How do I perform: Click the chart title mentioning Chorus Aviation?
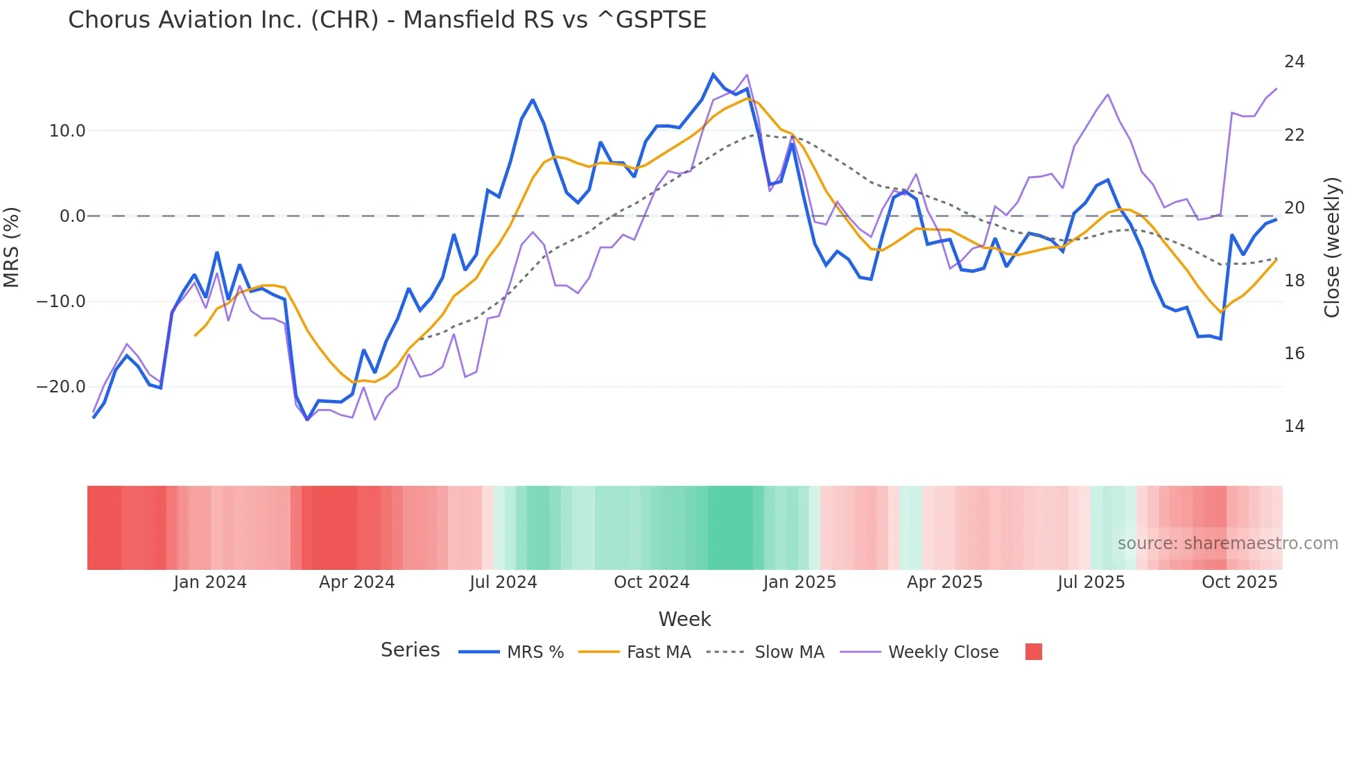click(x=387, y=20)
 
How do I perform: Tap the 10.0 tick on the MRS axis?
click(x=67, y=131)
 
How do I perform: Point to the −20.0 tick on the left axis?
click(x=61, y=387)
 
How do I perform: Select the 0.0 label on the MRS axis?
click(x=72, y=216)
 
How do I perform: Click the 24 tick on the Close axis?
click(x=1294, y=62)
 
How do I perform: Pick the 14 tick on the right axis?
click(x=1294, y=426)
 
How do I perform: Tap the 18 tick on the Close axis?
click(x=1294, y=281)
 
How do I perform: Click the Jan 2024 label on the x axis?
click(x=210, y=582)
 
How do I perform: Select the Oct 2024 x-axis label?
click(x=652, y=582)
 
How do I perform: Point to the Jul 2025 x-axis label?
click(x=1091, y=582)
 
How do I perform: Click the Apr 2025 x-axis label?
click(x=944, y=582)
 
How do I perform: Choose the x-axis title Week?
click(x=684, y=619)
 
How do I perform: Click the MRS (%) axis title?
click(x=12, y=247)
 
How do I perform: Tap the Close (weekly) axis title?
click(x=1332, y=248)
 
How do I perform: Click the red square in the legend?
click(x=1033, y=652)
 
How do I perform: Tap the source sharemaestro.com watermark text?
click(x=1227, y=544)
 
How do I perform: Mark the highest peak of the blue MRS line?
click(x=713, y=74)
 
